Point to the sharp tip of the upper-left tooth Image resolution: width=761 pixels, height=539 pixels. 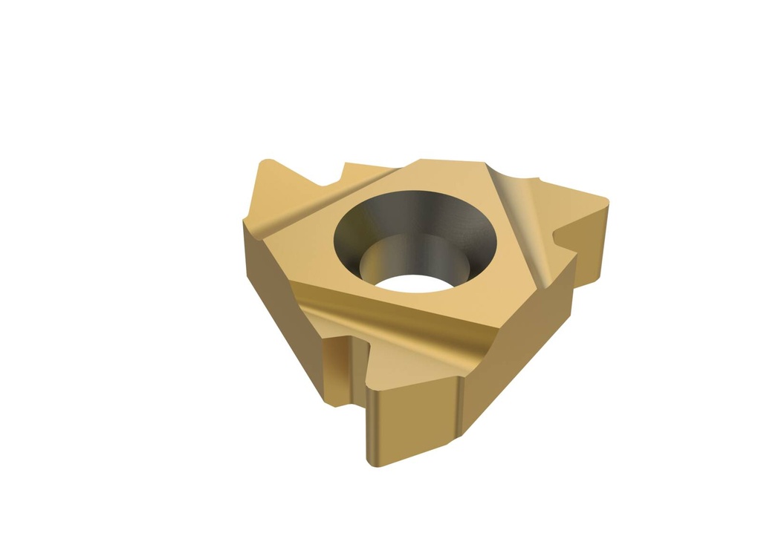click(x=262, y=161)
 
